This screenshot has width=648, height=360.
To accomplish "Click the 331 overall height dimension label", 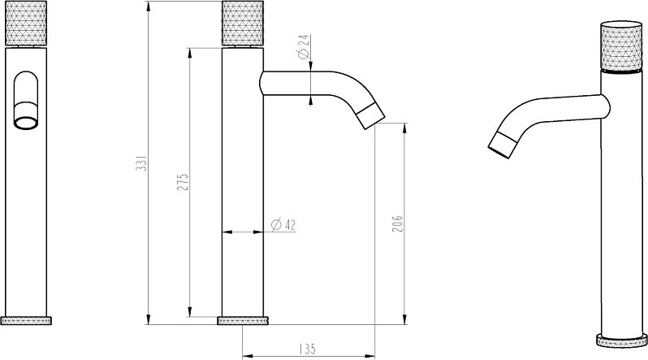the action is tap(141, 163).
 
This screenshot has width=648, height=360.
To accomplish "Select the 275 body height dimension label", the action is tap(183, 182).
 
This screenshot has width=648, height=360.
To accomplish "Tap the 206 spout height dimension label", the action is tap(397, 223).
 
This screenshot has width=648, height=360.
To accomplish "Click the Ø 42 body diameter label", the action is tap(283, 224).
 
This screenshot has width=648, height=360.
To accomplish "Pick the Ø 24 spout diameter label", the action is tap(304, 46).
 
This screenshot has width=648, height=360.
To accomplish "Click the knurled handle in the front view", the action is tap(26, 24).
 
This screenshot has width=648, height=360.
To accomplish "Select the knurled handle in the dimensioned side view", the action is tap(243, 24).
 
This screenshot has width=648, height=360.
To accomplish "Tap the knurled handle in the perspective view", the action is tap(621, 46).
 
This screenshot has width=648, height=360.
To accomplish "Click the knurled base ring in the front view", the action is tap(26, 320).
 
